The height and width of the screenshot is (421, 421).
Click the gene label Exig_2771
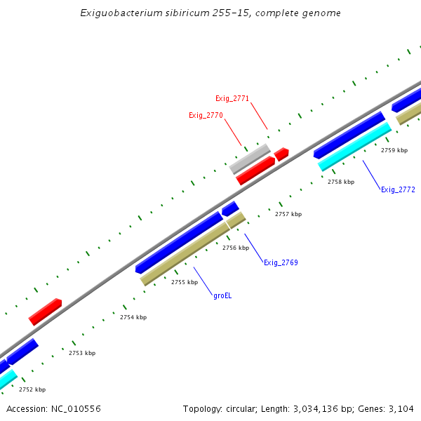232,99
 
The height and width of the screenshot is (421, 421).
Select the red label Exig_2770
206,115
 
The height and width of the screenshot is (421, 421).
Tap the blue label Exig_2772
398,189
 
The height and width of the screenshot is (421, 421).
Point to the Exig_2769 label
281,262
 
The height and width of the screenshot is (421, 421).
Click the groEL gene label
222,296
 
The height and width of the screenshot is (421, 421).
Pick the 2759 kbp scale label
394,150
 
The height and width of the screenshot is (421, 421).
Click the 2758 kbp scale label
341,182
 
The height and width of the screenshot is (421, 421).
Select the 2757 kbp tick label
288,214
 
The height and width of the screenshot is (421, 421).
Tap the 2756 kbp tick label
236,248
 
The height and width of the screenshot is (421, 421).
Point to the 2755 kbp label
185,282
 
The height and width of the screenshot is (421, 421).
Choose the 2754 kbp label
133,317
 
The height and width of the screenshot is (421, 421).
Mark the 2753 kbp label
82,353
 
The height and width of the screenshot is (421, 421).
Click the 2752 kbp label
32,389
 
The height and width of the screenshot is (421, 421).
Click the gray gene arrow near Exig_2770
250,159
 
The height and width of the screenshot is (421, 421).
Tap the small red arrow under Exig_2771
281,154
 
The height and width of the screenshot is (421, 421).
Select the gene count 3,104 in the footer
402,408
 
